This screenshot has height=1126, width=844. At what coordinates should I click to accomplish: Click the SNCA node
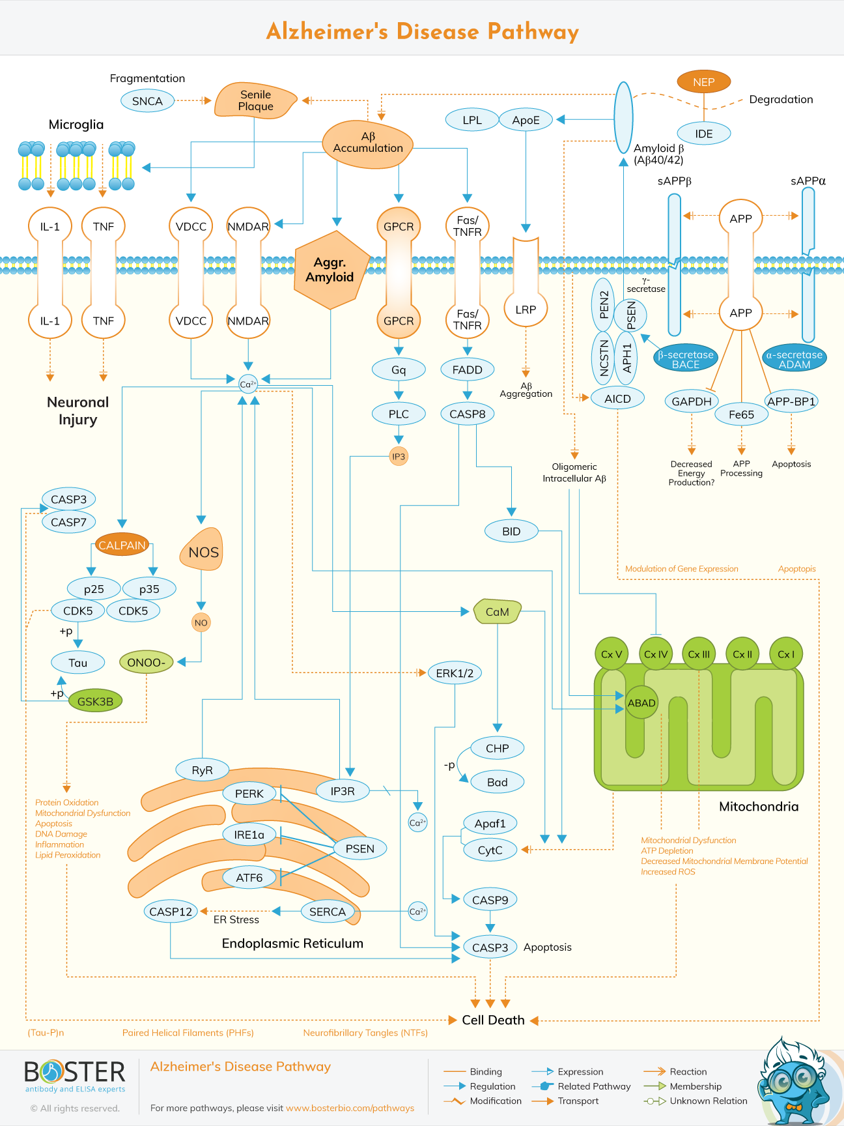(x=147, y=101)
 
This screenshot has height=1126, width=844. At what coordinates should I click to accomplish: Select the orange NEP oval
(x=703, y=82)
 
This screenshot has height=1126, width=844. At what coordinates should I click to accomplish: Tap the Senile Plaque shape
(x=255, y=100)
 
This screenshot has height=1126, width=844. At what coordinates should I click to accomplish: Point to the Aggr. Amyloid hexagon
(x=330, y=270)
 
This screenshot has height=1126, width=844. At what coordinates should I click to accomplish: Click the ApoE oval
(x=526, y=120)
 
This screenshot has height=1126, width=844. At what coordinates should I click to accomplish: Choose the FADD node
(x=467, y=369)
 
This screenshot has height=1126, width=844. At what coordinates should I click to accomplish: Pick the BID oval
(x=511, y=531)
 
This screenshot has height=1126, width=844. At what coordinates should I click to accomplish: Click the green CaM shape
(x=498, y=611)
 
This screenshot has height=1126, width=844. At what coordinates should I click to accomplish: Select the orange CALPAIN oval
(x=122, y=545)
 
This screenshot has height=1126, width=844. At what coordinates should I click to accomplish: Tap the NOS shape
(x=203, y=551)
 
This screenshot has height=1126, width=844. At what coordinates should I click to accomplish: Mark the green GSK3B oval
(x=95, y=701)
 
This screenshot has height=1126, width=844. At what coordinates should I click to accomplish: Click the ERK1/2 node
(x=455, y=673)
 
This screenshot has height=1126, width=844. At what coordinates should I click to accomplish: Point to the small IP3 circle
(x=399, y=456)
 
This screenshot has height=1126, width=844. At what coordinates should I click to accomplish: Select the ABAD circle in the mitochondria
(x=641, y=702)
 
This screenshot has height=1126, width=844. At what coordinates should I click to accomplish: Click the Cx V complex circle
(x=612, y=654)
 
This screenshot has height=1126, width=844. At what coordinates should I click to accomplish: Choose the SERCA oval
(x=328, y=912)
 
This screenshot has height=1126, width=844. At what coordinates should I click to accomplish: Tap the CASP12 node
(x=171, y=912)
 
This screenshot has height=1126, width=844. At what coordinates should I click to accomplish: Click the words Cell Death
(x=493, y=1020)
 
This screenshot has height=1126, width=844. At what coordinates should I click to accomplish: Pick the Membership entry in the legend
(x=696, y=1086)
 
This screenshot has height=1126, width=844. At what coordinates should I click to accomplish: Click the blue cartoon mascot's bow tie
(x=793, y=1106)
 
